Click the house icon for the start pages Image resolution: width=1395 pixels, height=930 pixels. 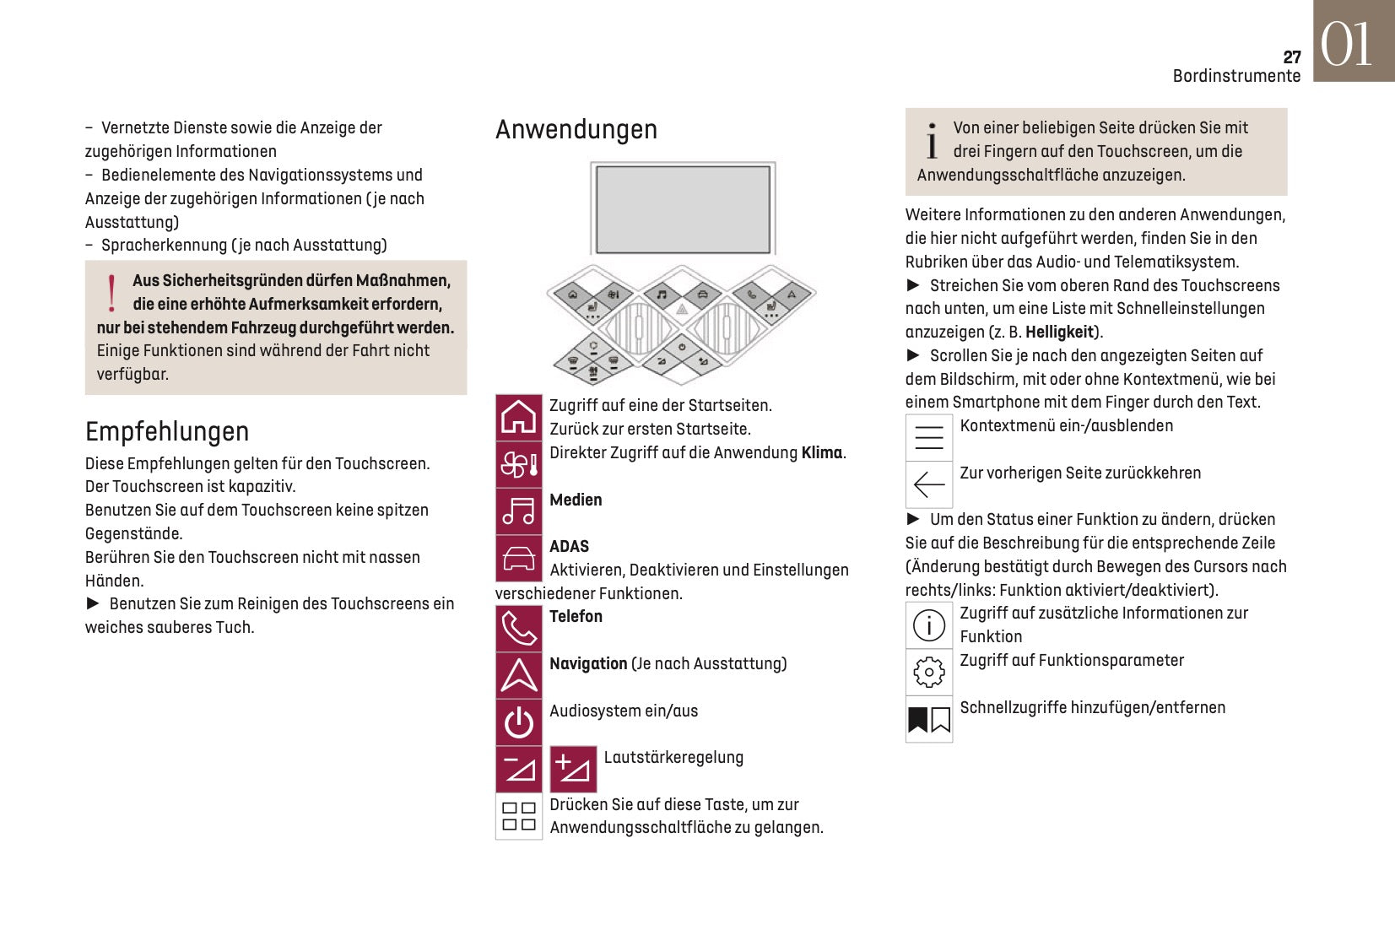[518, 417]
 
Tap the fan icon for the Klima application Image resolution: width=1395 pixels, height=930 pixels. [518, 464]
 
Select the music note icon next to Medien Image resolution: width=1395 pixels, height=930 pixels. [518, 511]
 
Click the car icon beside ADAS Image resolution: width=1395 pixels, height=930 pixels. [518, 558]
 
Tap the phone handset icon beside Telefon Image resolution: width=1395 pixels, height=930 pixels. [518, 629]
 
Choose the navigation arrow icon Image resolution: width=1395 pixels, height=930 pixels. [518, 675]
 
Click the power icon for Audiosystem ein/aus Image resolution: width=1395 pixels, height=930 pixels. [518, 722]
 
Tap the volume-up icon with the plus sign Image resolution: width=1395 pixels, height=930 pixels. [573, 769]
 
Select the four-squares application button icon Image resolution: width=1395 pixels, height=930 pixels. [518, 816]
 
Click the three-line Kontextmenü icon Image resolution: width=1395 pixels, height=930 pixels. [928, 437]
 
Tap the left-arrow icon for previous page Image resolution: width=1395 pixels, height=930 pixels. [928, 484]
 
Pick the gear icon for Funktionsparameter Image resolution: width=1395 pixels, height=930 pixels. [928, 672]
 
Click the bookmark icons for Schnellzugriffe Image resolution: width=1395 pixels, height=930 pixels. [928, 719]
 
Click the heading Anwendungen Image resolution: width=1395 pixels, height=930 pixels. [576, 130]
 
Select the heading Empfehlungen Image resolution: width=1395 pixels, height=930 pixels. [166, 432]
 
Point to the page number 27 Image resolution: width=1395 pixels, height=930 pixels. [1291, 57]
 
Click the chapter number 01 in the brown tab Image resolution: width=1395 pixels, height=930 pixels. [1346, 44]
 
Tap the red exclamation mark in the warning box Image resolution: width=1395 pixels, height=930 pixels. [111, 293]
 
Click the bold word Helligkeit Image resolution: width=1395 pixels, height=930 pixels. [1059, 333]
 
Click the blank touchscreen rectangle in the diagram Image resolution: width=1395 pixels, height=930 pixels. [683, 208]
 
